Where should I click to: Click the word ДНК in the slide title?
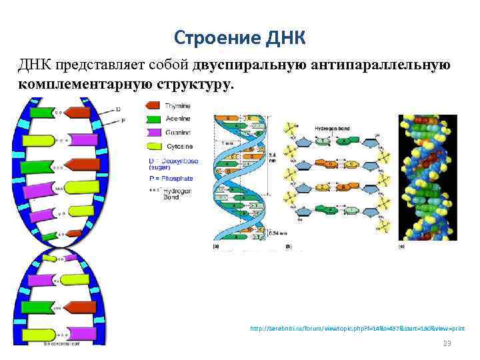[285, 37]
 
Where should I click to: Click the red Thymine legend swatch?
[153, 105]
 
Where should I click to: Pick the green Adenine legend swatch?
[153, 119]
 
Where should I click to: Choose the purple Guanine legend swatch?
[153, 132]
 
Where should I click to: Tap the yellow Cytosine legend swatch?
[153, 145]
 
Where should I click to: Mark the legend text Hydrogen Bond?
[177, 194]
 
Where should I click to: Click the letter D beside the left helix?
[118, 109]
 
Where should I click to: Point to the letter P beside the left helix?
[122, 121]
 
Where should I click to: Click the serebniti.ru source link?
[357, 329]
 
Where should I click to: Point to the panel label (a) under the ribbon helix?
[216, 247]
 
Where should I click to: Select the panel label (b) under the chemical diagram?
[287, 247]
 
